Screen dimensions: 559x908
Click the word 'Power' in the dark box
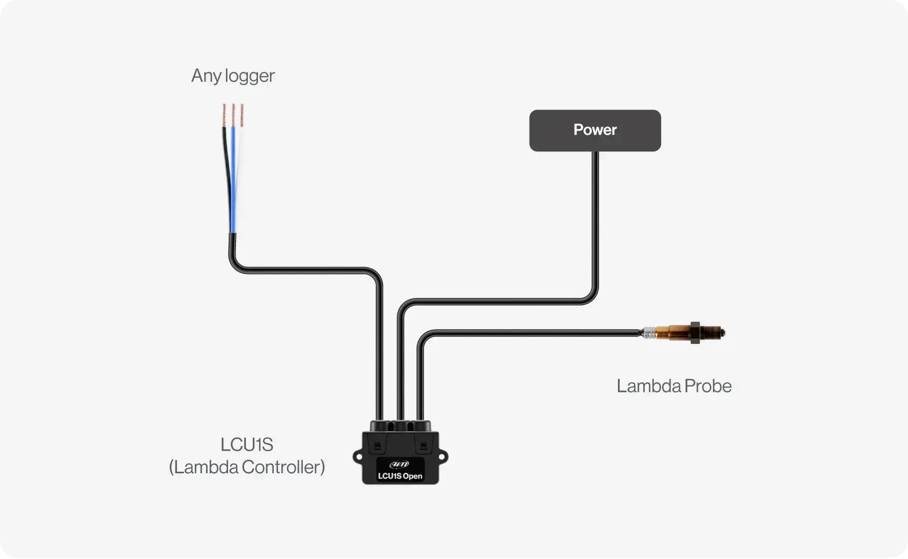[595, 130]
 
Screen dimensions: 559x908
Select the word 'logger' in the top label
[250, 76]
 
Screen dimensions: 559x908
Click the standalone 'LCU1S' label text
[246, 445]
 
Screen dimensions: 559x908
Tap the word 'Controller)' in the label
[283, 467]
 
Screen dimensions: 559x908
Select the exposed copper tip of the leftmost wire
[224, 115]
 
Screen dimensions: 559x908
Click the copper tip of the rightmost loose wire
[242, 115]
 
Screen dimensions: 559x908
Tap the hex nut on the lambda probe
[695, 333]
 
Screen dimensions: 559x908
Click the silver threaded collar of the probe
[649, 332]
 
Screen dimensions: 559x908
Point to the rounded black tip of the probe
[721, 333]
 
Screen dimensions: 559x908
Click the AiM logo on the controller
[399, 464]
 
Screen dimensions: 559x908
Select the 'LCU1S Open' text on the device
[400, 476]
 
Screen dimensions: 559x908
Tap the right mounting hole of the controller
[442, 457]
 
